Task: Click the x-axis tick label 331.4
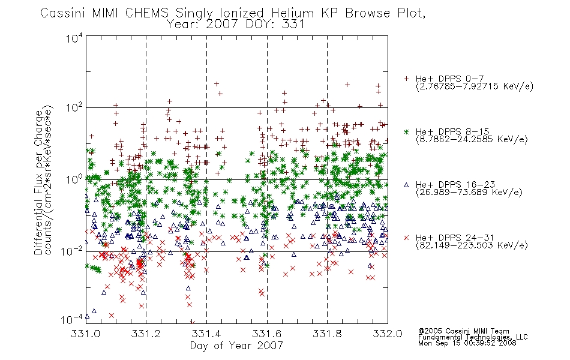click(206, 334)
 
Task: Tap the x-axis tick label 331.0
click(85, 334)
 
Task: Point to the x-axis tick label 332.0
click(388, 334)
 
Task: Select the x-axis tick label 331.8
click(327, 334)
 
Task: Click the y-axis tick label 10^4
click(74, 38)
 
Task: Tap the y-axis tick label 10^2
click(74, 108)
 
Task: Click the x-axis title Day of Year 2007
click(236, 346)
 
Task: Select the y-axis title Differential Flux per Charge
click(38, 182)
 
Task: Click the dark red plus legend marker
click(406, 79)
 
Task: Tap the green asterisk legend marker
click(406, 131)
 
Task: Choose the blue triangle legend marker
click(406, 185)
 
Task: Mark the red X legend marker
click(406, 238)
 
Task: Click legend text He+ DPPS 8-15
click(452, 131)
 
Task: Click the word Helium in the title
click(292, 13)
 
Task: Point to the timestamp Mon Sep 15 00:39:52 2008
click(467, 343)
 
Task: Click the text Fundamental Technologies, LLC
click(473, 337)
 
